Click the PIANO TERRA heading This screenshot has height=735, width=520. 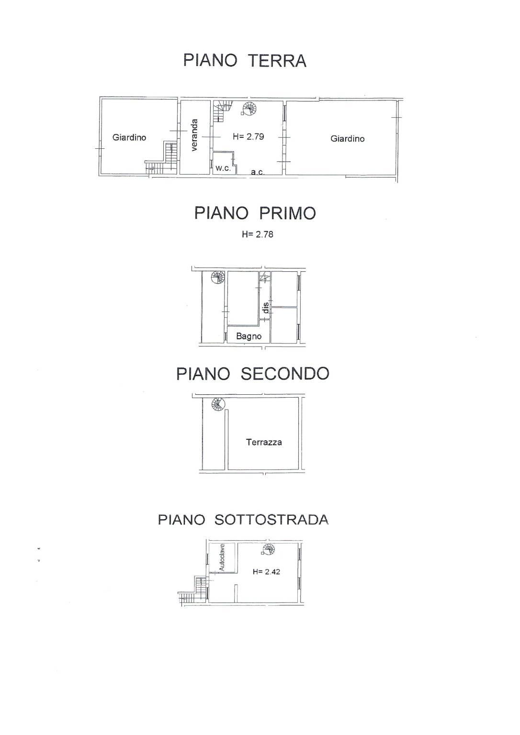click(x=245, y=61)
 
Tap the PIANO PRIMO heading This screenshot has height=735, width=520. click(x=255, y=213)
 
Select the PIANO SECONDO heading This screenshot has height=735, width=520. click(x=252, y=374)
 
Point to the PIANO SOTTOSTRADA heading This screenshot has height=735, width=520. click(x=243, y=520)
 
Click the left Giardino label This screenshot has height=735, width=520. click(x=129, y=137)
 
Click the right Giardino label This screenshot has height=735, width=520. click(x=347, y=138)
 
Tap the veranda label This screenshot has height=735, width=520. click(x=194, y=135)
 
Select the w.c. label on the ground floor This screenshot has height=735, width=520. click(x=223, y=168)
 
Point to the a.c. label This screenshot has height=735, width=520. click(x=258, y=172)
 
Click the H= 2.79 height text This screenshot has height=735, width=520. click(x=248, y=136)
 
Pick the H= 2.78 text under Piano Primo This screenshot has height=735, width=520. click(x=258, y=234)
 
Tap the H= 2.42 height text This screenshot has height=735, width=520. click(x=266, y=572)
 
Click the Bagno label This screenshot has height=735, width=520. click(x=249, y=336)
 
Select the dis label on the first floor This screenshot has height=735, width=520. click(x=266, y=308)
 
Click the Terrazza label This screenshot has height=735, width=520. click(x=264, y=442)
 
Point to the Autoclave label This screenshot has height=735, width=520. click(x=222, y=557)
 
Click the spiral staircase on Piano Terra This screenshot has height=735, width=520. click(x=250, y=109)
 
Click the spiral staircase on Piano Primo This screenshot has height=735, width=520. click(x=217, y=278)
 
